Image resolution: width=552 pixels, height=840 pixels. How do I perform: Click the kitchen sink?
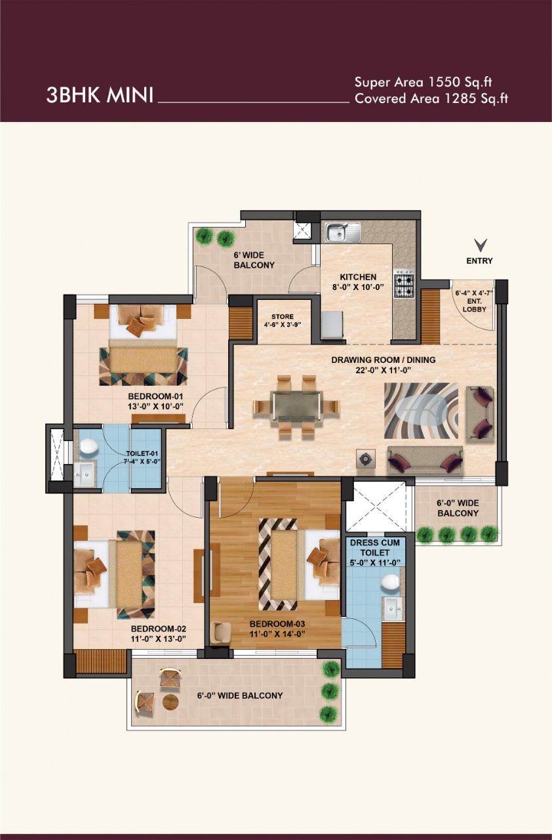point(343,232)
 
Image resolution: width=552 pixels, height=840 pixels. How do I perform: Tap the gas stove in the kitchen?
point(404,285)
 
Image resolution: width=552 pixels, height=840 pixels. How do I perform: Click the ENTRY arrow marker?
point(481,245)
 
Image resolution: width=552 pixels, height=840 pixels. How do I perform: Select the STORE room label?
point(283,316)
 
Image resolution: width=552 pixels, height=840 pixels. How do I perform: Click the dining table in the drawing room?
point(297,406)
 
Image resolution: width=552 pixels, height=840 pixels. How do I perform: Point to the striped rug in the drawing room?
point(422,411)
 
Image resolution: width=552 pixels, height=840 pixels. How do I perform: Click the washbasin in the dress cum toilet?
point(392,608)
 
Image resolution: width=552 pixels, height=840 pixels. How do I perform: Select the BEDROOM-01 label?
point(155,396)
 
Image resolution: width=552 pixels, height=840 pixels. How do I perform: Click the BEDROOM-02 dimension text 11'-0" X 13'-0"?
point(159,639)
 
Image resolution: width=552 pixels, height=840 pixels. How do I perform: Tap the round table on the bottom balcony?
point(170,702)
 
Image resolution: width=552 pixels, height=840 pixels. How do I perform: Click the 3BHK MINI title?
point(100,95)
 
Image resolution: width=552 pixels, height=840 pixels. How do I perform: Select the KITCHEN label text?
point(358,277)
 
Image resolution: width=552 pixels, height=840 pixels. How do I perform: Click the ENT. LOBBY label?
point(474,305)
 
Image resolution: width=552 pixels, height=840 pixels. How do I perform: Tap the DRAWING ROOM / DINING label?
point(384,360)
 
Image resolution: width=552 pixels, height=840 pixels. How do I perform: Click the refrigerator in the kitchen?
point(332,324)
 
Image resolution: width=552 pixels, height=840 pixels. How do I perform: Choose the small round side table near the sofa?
point(366,458)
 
